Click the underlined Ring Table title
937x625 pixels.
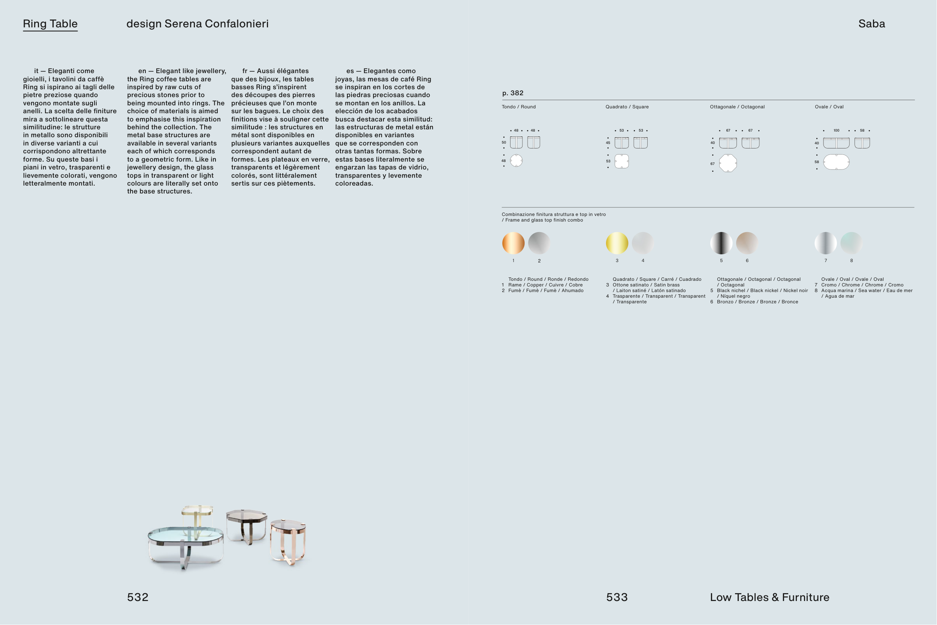point(50,24)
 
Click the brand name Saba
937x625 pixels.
point(872,24)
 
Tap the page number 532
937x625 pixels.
point(138,597)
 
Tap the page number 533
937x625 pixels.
point(617,597)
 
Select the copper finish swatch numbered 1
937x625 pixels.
point(513,243)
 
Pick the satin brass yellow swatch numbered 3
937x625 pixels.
point(617,243)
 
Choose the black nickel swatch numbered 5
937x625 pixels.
point(721,243)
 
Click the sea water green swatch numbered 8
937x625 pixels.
point(851,243)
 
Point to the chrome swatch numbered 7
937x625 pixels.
point(825,243)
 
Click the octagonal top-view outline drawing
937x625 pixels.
point(728,163)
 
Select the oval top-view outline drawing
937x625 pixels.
point(836,162)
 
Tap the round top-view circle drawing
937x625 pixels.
point(516,160)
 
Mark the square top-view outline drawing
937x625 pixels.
point(621,162)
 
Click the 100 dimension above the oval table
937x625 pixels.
point(836,130)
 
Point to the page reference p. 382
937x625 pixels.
point(513,93)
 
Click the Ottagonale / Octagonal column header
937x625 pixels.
point(737,107)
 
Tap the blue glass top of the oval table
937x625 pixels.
point(186,534)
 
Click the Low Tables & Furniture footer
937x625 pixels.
point(769,597)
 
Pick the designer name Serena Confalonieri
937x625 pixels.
point(216,24)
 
